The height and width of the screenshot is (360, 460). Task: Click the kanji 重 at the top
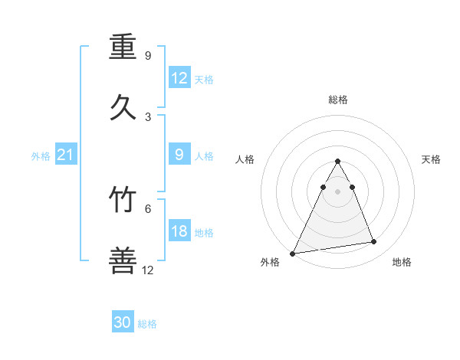click(123, 48)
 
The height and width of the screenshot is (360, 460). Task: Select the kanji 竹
click(123, 200)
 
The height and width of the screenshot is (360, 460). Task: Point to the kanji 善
click(123, 260)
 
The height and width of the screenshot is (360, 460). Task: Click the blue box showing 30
click(123, 322)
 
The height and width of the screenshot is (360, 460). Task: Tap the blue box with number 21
click(66, 155)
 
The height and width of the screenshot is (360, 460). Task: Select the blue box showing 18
click(179, 231)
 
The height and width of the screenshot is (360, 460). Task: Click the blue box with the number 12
click(179, 78)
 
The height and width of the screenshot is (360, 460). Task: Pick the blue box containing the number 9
click(179, 155)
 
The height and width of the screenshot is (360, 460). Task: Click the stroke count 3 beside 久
click(148, 116)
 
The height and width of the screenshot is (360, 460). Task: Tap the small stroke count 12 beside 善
click(148, 270)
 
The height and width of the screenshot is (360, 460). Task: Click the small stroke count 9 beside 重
click(148, 56)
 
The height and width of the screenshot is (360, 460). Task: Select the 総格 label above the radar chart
click(338, 100)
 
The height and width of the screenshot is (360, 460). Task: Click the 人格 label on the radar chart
click(245, 159)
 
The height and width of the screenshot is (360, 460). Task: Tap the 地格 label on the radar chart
click(402, 262)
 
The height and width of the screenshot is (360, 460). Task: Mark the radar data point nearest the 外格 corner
click(293, 253)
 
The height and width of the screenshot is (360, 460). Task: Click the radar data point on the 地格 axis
click(374, 242)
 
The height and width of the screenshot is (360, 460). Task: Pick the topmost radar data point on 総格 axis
click(338, 162)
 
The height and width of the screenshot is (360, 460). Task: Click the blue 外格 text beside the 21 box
click(41, 156)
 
